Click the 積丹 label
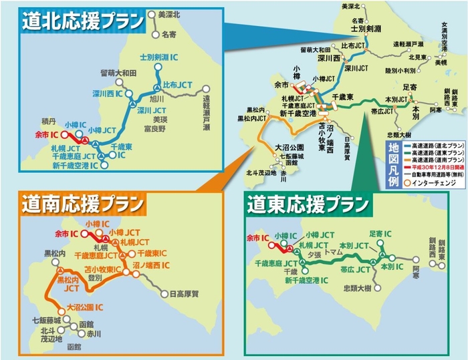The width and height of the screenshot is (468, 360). tap(47, 122)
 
